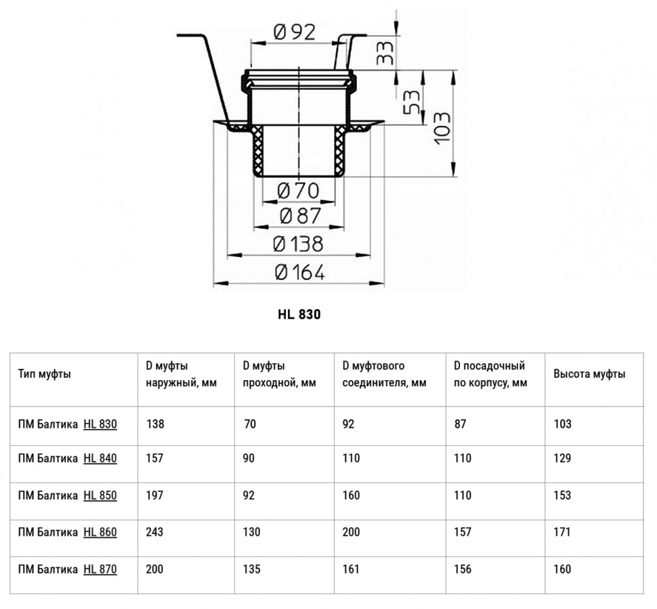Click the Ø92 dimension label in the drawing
click(x=294, y=32)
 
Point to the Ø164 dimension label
click(x=299, y=273)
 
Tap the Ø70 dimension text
click(x=298, y=191)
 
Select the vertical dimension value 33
click(x=385, y=52)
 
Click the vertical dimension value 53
click(x=411, y=101)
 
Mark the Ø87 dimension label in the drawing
click(x=300, y=216)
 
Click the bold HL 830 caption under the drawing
click(x=299, y=315)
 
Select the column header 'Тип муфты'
click(x=45, y=374)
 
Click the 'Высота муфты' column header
click(x=589, y=374)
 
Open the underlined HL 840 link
click(x=100, y=458)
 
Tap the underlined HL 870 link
click(x=100, y=569)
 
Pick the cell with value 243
click(x=154, y=532)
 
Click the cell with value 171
click(x=562, y=532)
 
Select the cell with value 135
click(x=252, y=569)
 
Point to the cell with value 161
click(x=351, y=569)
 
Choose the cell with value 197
click(x=154, y=495)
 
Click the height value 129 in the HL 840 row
click(x=562, y=458)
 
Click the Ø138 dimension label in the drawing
click(x=298, y=244)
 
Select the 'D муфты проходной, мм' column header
click(x=280, y=374)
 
